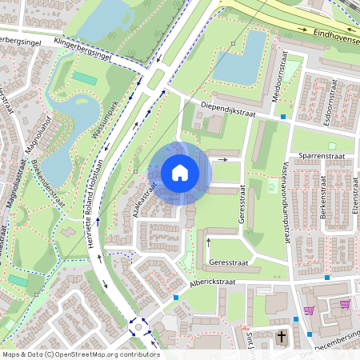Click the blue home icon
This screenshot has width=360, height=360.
tap(180, 173)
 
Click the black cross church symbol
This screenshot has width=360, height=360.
tap(282, 338)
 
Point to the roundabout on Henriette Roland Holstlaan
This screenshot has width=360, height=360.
tap(140, 327)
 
